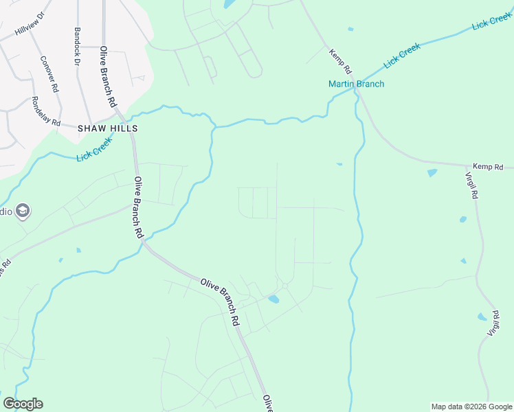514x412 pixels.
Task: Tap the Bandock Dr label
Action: [x=77, y=46]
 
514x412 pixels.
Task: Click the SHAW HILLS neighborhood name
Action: [x=108, y=128]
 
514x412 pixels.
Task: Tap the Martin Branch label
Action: [x=356, y=84]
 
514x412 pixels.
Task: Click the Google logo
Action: [x=23, y=404]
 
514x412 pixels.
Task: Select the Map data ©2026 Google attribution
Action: [x=471, y=407]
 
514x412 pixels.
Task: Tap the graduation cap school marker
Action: [x=23, y=211]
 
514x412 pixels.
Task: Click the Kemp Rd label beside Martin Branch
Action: [x=340, y=61]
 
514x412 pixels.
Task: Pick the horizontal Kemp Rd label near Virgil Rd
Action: [x=488, y=167]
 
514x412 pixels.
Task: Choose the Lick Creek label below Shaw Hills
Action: [x=94, y=150]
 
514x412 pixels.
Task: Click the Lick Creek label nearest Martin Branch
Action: [x=402, y=56]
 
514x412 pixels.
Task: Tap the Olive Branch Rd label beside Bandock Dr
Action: [x=107, y=76]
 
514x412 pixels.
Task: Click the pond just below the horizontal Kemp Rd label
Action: [x=432, y=173]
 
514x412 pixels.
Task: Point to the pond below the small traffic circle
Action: [x=274, y=299]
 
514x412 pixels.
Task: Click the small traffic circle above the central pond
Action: [x=284, y=286]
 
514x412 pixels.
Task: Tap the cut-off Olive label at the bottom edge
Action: [x=267, y=404]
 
